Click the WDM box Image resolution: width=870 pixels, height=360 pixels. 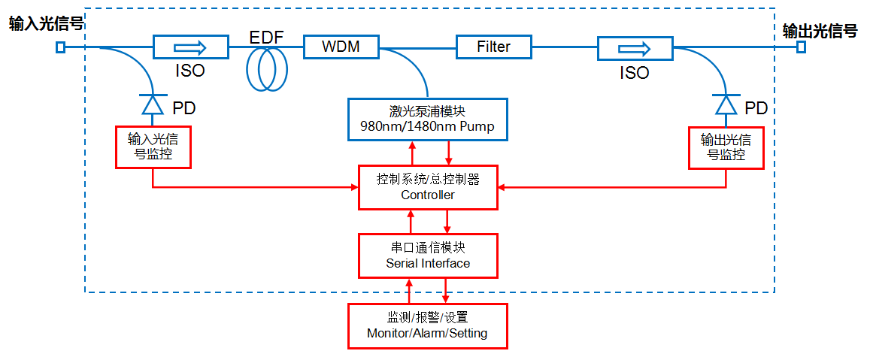pyautogui.click(x=341, y=47)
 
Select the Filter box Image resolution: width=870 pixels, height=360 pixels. pyautogui.click(x=493, y=47)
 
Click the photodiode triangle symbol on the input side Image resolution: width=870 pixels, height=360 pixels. pyautogui.click(x=153, y=104)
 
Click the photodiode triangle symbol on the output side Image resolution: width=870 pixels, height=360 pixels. pyautogui.click(x=726, y=104)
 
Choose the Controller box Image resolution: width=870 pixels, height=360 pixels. pyautogui.click(x=427, y=187)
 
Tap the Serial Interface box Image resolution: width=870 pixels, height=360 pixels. pyautogui.click(x=427, y=255)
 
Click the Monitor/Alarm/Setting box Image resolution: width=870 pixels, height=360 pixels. pyautogui.click(x=427, y=325)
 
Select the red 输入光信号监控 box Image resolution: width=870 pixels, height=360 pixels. pyautogui.click(x=153, y=147)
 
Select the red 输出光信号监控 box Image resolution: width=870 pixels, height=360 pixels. pyautogui.click(x=726, y=147)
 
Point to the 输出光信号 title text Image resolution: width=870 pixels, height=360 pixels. pyautogui.click(x=820, y=30)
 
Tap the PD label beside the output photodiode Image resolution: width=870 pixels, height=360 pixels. pyautogui.click(x=756, y=108)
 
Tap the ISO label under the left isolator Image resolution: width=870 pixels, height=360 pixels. pyautogui.click(x=189, y=72)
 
